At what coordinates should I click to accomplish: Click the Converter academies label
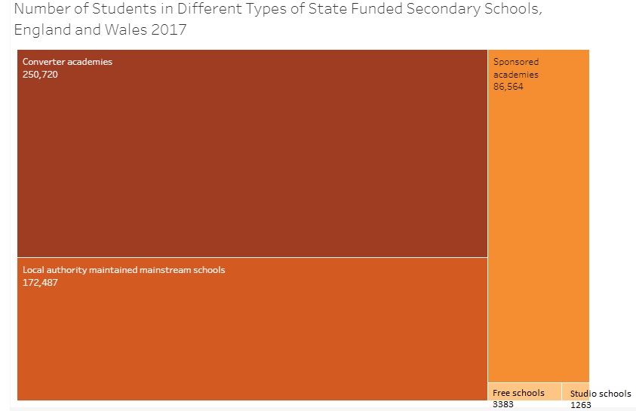pos(67,62)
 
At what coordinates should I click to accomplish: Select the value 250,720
pos(40,74)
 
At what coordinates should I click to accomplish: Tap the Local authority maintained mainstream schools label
pos(124,270)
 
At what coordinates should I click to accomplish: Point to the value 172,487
pos(40,283)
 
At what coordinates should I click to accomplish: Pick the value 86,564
pos(508,87)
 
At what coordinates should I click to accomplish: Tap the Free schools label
pos(518,393)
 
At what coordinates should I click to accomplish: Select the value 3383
pos(502,404)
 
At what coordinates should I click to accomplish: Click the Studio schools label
pos(601,394)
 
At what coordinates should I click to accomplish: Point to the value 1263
pos(580,405)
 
